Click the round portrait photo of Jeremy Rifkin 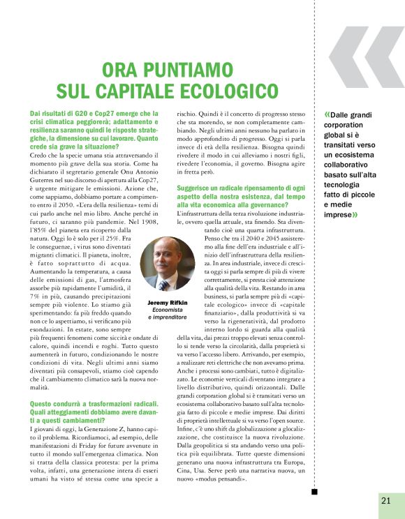click(167, 262)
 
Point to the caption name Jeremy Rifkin click(167, 302)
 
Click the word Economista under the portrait click(167, 310)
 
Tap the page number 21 click(386, 499)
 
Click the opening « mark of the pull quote click(326, 114)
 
